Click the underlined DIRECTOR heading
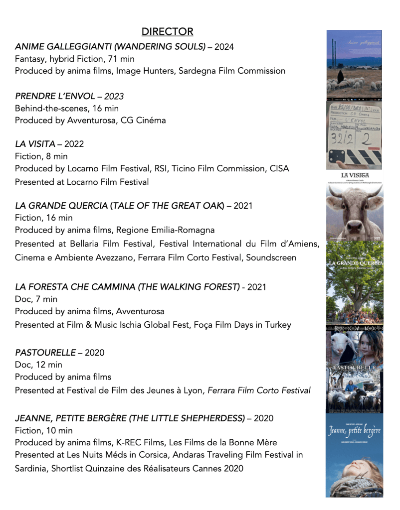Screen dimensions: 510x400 (167, 32)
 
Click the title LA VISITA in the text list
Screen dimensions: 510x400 (35, 144)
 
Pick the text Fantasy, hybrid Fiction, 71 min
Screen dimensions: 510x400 (74, 59)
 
